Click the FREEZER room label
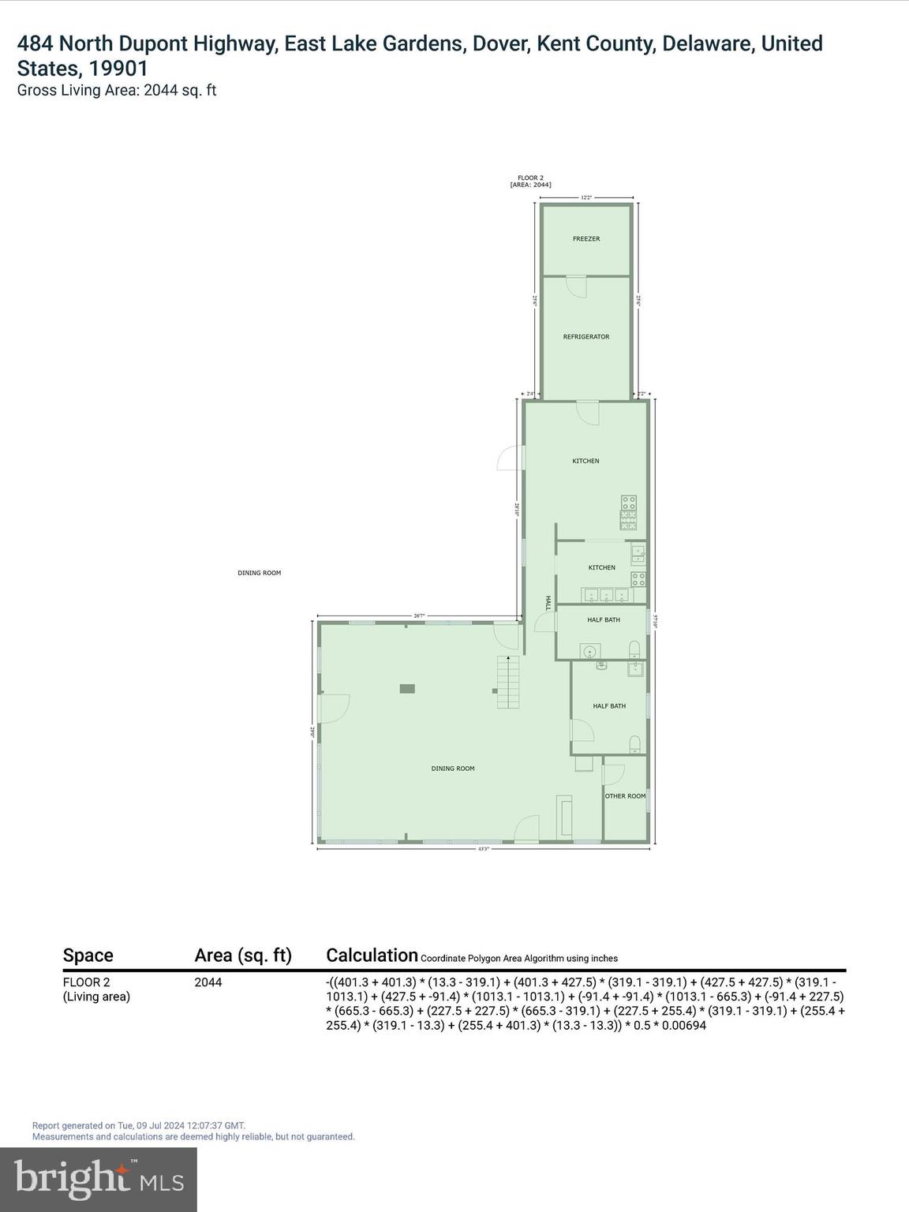(x=586, y=238)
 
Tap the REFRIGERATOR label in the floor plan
(x=586, y=337)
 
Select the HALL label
(x=547, y=603)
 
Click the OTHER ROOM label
(x=625, y=796)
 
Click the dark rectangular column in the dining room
(x=407, y=689)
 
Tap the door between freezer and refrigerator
(x=577, y=285)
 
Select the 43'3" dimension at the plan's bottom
(x=483, y=849)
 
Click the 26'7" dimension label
(x=419, y=616)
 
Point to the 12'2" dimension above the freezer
(x=586, y=198)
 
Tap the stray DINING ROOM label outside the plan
(x=260, y=573)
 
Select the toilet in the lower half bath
(x=635, y=744)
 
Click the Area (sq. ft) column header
(x=243, y=956)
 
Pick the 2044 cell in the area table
(x=208, y=982)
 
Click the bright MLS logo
(x=99, y=1180)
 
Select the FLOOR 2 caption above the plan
(x=530, y=178)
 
